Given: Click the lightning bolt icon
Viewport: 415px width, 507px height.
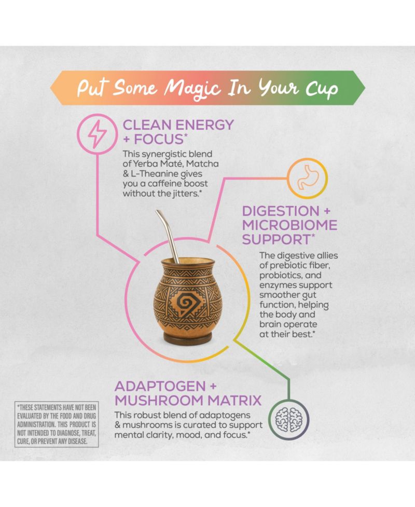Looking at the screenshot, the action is pyautogui.click(x=98, y=134).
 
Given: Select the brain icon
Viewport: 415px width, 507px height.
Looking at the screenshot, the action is pyautogui.click(x=288, y=420).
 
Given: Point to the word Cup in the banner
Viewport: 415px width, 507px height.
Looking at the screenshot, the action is pyautogui.click(x=322, y=89).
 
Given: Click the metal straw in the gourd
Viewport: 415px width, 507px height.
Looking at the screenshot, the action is pyautogui.click(x=168, y=236).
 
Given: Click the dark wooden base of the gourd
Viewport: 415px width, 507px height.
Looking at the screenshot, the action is pyautogui.click(x=187, y=338).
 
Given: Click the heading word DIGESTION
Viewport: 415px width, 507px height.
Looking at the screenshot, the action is pyautogui.click(x=281, y=211).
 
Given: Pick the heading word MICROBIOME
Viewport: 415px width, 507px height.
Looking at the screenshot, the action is pyautogui.click(x=290, y=225).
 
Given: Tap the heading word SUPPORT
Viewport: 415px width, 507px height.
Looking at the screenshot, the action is pyautogui.click(x=276, y=240).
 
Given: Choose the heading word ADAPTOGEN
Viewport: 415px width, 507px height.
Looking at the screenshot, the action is pyautogui.click(x=160, y=386).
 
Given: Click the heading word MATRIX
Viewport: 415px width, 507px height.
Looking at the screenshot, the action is pyautogui.click(x=234, y=401).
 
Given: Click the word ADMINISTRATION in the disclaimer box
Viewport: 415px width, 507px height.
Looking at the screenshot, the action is pyautogui.click(x=36, y=424).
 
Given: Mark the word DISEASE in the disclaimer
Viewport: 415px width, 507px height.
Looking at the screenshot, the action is pyautogui.click(x=78, y=442).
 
